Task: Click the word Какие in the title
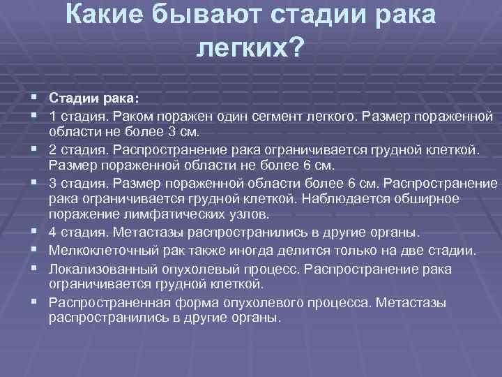tap(113, 15)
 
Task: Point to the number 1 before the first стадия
tap(52, 114)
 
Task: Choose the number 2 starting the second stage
tap(53, 149)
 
